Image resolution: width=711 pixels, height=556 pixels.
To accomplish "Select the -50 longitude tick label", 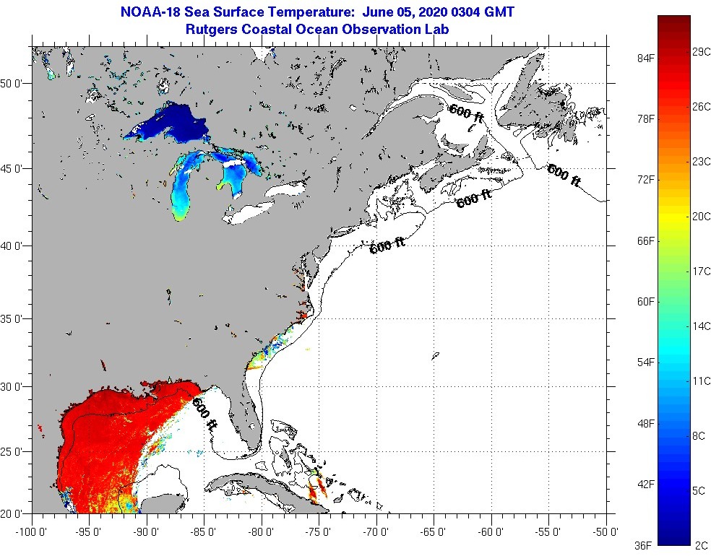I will (x=606, y=532).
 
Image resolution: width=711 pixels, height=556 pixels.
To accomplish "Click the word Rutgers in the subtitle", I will (x=211, y=30).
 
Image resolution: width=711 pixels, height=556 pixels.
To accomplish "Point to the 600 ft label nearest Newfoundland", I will (x=564, y=175).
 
